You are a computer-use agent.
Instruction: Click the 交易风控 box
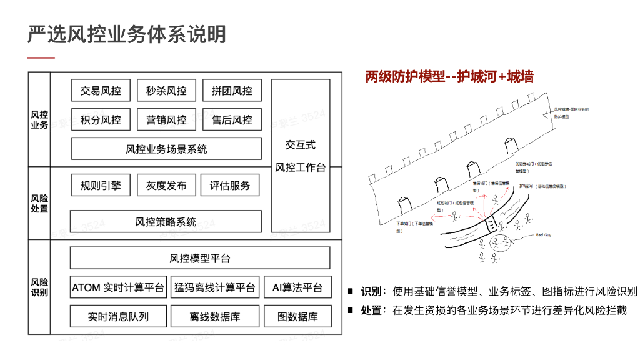(x=101, y=91)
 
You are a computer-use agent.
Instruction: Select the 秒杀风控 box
(x=166, y=91)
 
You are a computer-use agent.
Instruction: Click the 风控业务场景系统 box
(x=166, y=149)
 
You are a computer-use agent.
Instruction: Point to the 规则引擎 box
(x=101, y=186)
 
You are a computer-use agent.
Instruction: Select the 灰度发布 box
(x=166, y=186)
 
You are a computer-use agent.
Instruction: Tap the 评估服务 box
(x=229, y=186)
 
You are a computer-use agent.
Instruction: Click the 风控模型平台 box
(x=200, y=258)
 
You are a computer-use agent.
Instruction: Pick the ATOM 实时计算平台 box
(x=118, y=287)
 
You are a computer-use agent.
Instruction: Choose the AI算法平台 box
(x=297, y=287)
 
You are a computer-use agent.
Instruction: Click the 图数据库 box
(x=297, y=317)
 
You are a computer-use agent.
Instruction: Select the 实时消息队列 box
(x=118, y=317)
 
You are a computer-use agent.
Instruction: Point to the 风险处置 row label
(x=39, y=203)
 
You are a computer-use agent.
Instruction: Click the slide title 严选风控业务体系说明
(x=127, y=34)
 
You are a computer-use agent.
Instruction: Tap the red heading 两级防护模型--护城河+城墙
(x=449, y=77)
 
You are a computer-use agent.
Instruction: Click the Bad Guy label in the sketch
(x=544, y=235)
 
